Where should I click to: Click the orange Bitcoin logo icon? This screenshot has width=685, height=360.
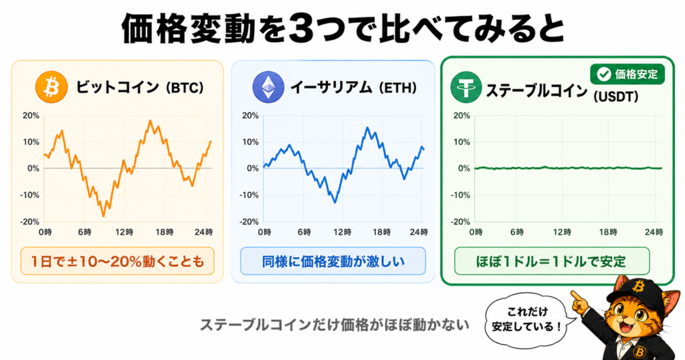(52, 87)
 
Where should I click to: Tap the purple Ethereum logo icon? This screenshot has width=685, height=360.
(268, 87)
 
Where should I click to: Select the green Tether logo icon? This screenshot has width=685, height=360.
(466, 87)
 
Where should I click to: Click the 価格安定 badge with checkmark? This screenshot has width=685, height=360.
(627, 74)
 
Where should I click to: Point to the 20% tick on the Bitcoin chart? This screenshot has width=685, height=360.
(31, 116)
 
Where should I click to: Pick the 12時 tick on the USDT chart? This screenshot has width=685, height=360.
(562, 232)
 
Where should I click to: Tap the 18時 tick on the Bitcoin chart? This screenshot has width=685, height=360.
(165, 232)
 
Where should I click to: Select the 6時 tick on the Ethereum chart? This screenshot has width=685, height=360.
(304, 232)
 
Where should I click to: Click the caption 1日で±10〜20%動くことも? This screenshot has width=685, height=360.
(117, 261)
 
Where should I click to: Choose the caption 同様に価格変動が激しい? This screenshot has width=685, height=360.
(333, 261)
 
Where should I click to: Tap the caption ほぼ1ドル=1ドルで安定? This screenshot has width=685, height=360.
(552, 261)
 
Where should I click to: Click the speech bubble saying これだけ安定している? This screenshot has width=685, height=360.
(526, 319)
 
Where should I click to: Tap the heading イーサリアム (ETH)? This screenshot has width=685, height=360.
(353, 88)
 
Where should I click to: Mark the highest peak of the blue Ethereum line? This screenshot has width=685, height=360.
(367, 128)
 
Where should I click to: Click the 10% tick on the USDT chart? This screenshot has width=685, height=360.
(462, 143)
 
